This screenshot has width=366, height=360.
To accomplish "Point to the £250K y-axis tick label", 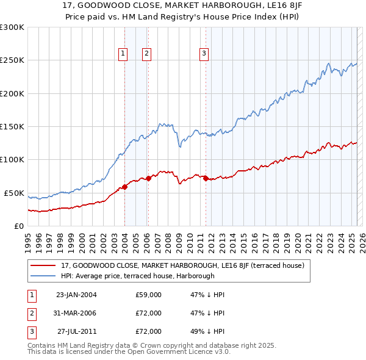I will coord(12,60).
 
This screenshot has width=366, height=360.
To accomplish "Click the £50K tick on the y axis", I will coord(13,193).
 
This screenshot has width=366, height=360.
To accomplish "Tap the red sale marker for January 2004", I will coord(124,187).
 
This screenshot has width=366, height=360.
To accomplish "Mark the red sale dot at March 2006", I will coord(148,178).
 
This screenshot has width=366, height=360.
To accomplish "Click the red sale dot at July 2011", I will coord(206,178).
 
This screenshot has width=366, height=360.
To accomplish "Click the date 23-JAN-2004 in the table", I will coord(76,295).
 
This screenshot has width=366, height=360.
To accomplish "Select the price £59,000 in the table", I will coord(149,295).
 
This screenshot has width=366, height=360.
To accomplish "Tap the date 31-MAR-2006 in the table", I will coord(76,313).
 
